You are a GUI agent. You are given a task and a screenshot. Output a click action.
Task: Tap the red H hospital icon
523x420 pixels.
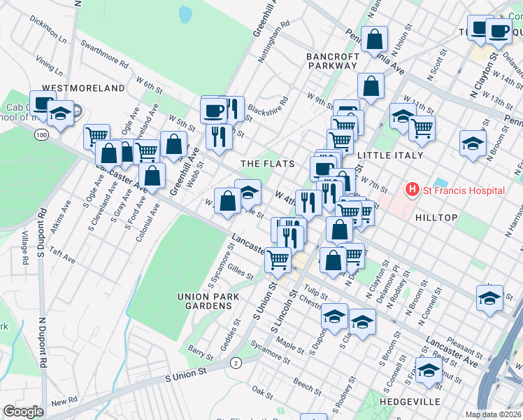coord(413,190)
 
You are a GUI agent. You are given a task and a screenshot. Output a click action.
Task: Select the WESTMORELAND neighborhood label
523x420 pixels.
coord(83,89)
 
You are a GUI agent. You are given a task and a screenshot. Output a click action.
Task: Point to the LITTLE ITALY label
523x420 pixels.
coord(390,155)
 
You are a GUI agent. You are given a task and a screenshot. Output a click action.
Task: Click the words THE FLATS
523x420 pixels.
coord(267,164)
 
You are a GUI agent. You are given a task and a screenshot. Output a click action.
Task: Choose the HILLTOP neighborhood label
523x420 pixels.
coord(436,218)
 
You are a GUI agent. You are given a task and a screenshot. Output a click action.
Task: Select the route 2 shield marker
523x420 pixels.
coord(236,362)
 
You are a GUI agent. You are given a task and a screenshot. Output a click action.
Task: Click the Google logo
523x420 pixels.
coord(23,412)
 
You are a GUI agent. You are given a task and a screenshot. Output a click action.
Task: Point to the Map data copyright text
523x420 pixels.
coord(494,414)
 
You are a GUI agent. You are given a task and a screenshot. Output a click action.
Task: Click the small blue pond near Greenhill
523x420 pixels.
coord(185,14)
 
